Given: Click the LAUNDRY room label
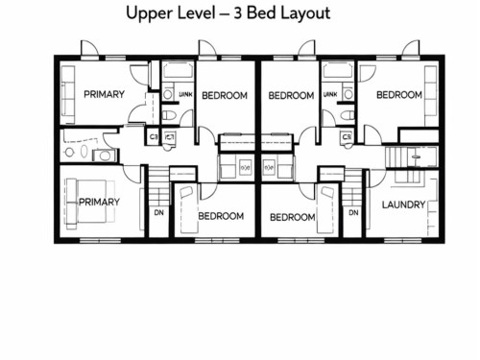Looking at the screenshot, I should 403,204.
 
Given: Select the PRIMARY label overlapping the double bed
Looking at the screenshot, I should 100,202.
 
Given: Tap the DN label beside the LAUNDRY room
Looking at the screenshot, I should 353,212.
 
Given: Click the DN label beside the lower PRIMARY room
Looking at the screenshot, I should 157,212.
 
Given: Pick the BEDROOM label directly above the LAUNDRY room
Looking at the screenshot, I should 399,95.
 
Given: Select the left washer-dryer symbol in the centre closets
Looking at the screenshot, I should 244,167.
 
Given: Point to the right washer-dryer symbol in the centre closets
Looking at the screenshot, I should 270,167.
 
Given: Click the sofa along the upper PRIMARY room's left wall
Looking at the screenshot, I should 65,94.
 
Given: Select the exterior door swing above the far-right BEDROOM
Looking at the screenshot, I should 409,49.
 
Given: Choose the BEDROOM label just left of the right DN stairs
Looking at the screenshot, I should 293,217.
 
